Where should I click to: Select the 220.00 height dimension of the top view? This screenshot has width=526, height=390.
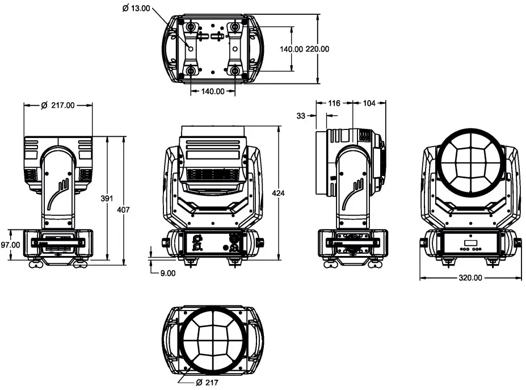coord(317,49)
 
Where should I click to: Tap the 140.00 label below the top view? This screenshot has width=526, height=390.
coord(213,91)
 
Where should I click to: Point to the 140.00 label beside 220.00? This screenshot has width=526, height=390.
coord(291,49)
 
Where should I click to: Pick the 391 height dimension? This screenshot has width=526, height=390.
coord(107,198)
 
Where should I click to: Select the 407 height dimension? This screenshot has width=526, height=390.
coord(123,209)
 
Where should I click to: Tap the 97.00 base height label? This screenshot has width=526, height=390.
coord(11,245)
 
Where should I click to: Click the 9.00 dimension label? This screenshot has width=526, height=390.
coord(168,272)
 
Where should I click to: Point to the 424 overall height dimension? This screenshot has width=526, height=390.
coord(278,193)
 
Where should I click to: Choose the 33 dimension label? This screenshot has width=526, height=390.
coord(301,115)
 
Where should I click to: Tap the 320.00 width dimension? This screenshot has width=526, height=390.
coord(470,278)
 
